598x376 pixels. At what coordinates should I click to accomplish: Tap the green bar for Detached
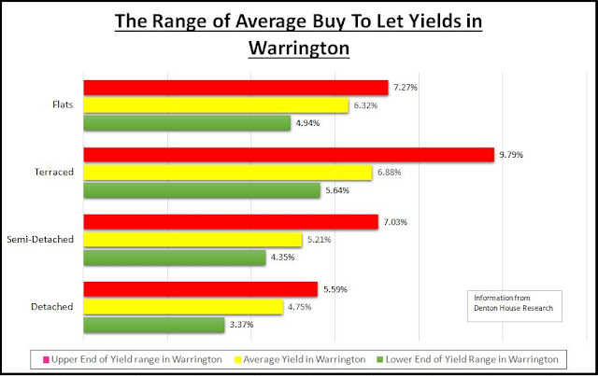point(154,325)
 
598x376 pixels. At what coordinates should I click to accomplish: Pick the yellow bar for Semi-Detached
point(192,240)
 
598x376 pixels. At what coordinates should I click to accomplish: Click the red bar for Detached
point(200,289)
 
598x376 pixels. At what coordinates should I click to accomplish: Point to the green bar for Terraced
point(201,190)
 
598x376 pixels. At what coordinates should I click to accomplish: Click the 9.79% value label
point(513,155)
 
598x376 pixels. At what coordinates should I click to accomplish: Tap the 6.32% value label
point(364,105)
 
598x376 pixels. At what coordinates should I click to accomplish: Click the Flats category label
point(65,105)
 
